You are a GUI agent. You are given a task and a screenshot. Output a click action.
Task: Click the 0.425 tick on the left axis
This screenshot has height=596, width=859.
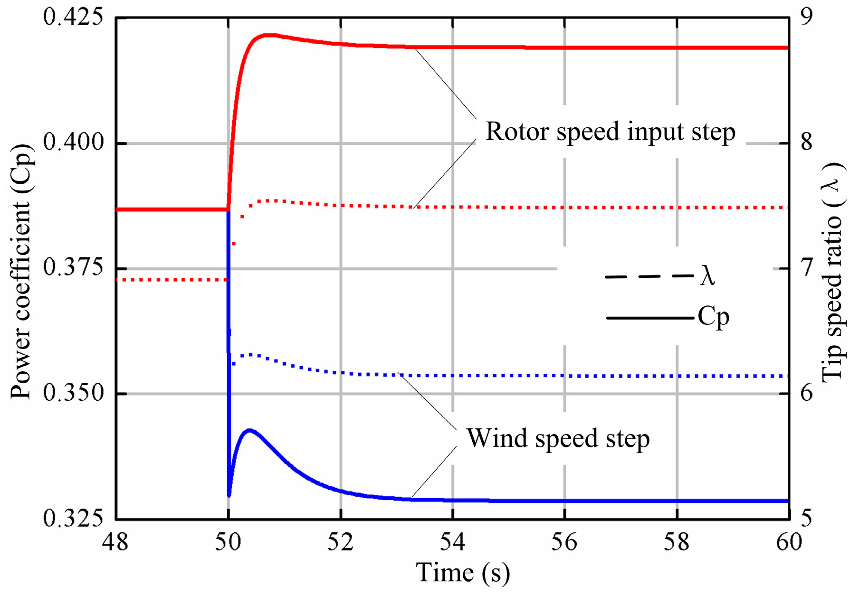pos(73,17)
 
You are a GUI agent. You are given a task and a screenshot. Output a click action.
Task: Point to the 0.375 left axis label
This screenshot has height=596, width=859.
pos(73,268)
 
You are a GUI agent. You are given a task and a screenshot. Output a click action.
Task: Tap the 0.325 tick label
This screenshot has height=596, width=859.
pos(73,518)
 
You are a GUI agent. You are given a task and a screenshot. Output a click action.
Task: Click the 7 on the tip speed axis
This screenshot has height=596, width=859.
pos(806,268)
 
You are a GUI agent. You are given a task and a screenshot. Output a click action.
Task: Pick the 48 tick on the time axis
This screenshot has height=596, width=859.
pos(115,541)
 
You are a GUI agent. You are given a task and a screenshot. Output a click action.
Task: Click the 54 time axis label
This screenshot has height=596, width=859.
pos(452,541)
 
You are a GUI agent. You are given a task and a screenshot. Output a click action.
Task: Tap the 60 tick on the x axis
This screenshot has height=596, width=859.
pos(789,541)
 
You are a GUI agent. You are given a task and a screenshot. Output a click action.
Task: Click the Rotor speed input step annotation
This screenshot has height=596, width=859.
pos(610,132)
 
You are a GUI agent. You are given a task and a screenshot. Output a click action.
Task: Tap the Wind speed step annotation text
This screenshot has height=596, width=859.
pos(558,438)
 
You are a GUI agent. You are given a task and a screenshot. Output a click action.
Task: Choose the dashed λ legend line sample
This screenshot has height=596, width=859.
pos(649,276)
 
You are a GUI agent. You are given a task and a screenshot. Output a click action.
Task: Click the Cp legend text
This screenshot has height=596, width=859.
pos(713,317)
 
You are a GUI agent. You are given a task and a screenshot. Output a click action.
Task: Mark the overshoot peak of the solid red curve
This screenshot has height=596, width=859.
pos(269,35)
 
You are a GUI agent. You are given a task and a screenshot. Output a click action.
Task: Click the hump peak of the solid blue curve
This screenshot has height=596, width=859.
pos(249,430)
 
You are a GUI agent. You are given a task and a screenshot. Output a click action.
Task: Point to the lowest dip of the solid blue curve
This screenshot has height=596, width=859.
pos(229,495)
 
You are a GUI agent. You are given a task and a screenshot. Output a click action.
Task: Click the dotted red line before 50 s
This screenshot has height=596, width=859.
pos(171,280)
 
